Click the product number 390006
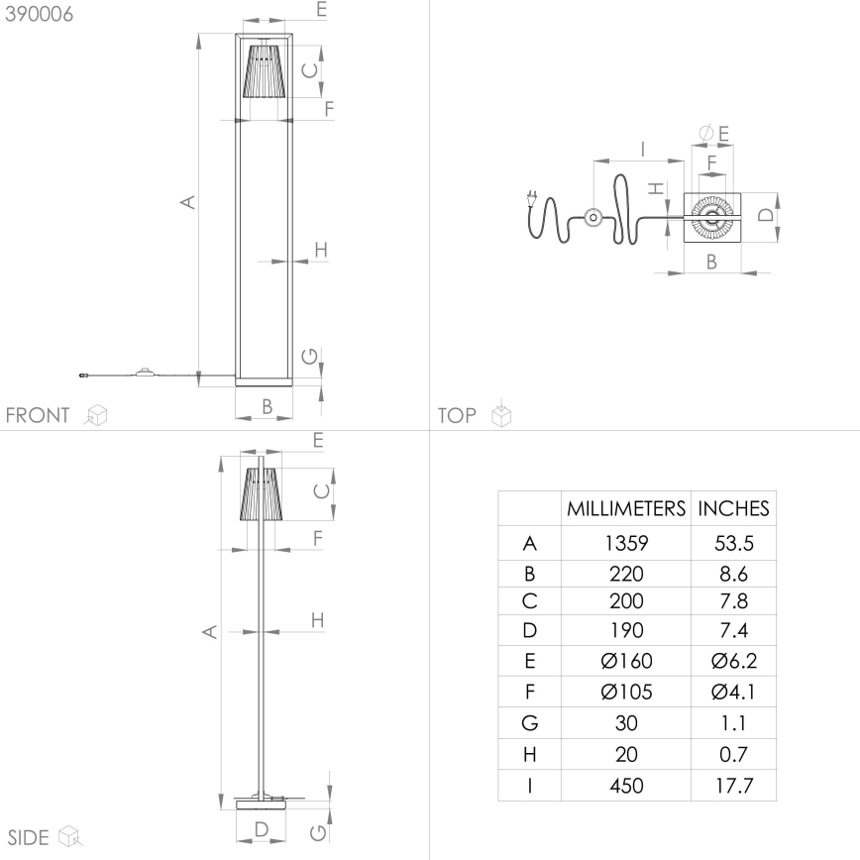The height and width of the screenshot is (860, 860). click(38, 14)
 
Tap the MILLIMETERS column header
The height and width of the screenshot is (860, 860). click(626, 509)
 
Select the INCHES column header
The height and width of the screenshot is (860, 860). click(733, 509)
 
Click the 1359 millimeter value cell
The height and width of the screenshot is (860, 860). click(626, 543)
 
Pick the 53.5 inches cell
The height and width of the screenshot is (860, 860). click(733, 543)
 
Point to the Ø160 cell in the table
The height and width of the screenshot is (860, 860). click(626, 662)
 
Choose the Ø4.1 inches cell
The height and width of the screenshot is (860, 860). click(733, 692)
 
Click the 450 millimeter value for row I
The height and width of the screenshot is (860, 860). click(626, 786)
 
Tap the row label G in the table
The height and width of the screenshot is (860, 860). click(529, 723)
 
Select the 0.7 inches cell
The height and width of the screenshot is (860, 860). click(733, 754)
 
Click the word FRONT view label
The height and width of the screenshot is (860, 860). click(38, 415)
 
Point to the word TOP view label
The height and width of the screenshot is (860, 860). click(457, 415)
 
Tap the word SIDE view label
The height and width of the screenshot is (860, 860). click(29, 837)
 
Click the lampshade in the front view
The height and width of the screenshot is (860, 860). click(264, 70)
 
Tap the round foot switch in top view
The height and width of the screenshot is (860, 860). click(592, 217)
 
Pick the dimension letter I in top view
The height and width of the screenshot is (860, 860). click(642, 150)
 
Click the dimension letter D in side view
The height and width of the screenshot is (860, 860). click(262, 828)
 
